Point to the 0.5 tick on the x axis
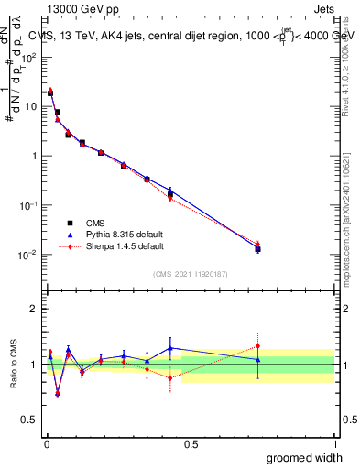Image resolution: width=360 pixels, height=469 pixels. click(x=191, y=444)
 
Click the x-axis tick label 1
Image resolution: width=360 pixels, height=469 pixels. click(x=335, y=444)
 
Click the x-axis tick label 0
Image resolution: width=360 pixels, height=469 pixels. click(x=47, y=444)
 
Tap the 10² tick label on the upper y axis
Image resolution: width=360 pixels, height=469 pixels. click(x=29, y=57)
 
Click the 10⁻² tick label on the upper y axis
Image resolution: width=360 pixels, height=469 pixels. click(x=28, y=255)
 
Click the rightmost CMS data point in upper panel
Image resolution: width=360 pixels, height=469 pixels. click(x=257, y=248)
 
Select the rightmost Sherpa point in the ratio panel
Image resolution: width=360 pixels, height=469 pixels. click(x=257, y=346)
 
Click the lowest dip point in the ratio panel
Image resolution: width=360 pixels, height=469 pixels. click(x=58, y=394)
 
